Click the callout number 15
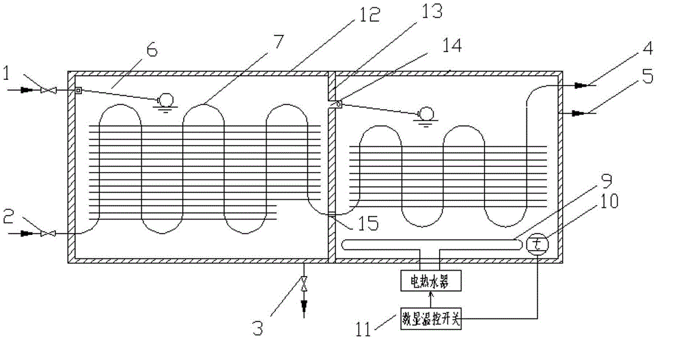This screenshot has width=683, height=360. [x=357, y=223]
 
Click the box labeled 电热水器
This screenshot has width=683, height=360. [x=430, y=280]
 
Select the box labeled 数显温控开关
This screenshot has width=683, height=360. [x=430, y=318]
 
